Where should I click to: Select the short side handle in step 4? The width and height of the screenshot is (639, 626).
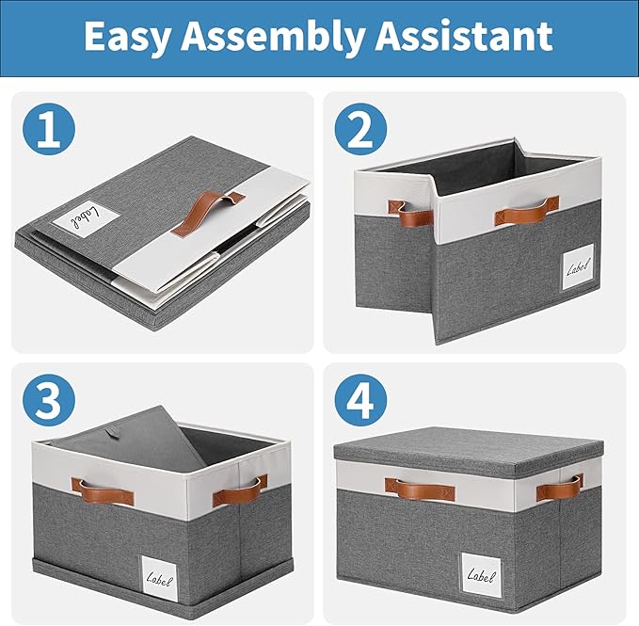coord(560,488)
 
